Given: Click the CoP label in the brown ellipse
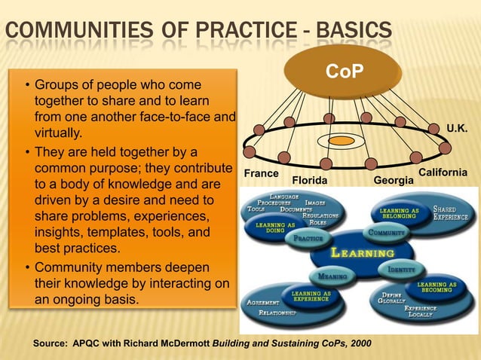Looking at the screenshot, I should (345, 72).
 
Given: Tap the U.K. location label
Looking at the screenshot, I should (457, 129).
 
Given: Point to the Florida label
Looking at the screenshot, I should (311, 181).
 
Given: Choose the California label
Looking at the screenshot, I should (443, 172).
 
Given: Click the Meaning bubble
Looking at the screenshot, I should (332, 276).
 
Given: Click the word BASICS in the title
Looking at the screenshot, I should (354, 32).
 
